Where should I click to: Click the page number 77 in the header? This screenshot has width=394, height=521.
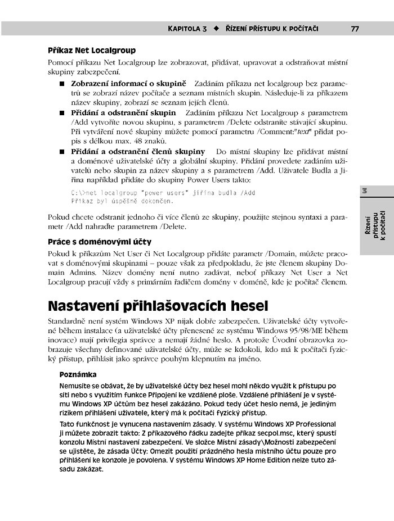tap(355, 28)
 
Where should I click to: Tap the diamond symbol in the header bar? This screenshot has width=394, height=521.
tap(216, 28)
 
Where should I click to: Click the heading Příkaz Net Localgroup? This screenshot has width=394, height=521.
tap(92, 50)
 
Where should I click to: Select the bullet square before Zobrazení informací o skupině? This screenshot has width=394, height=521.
tap(62, 83)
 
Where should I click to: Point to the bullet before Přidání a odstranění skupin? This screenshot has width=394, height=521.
tap(62, 113)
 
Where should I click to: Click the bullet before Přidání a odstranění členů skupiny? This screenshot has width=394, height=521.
tap(62, 152)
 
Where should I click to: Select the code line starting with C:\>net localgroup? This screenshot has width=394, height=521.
tap(163, 193)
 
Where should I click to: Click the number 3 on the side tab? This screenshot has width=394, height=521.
tap(365, 192)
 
